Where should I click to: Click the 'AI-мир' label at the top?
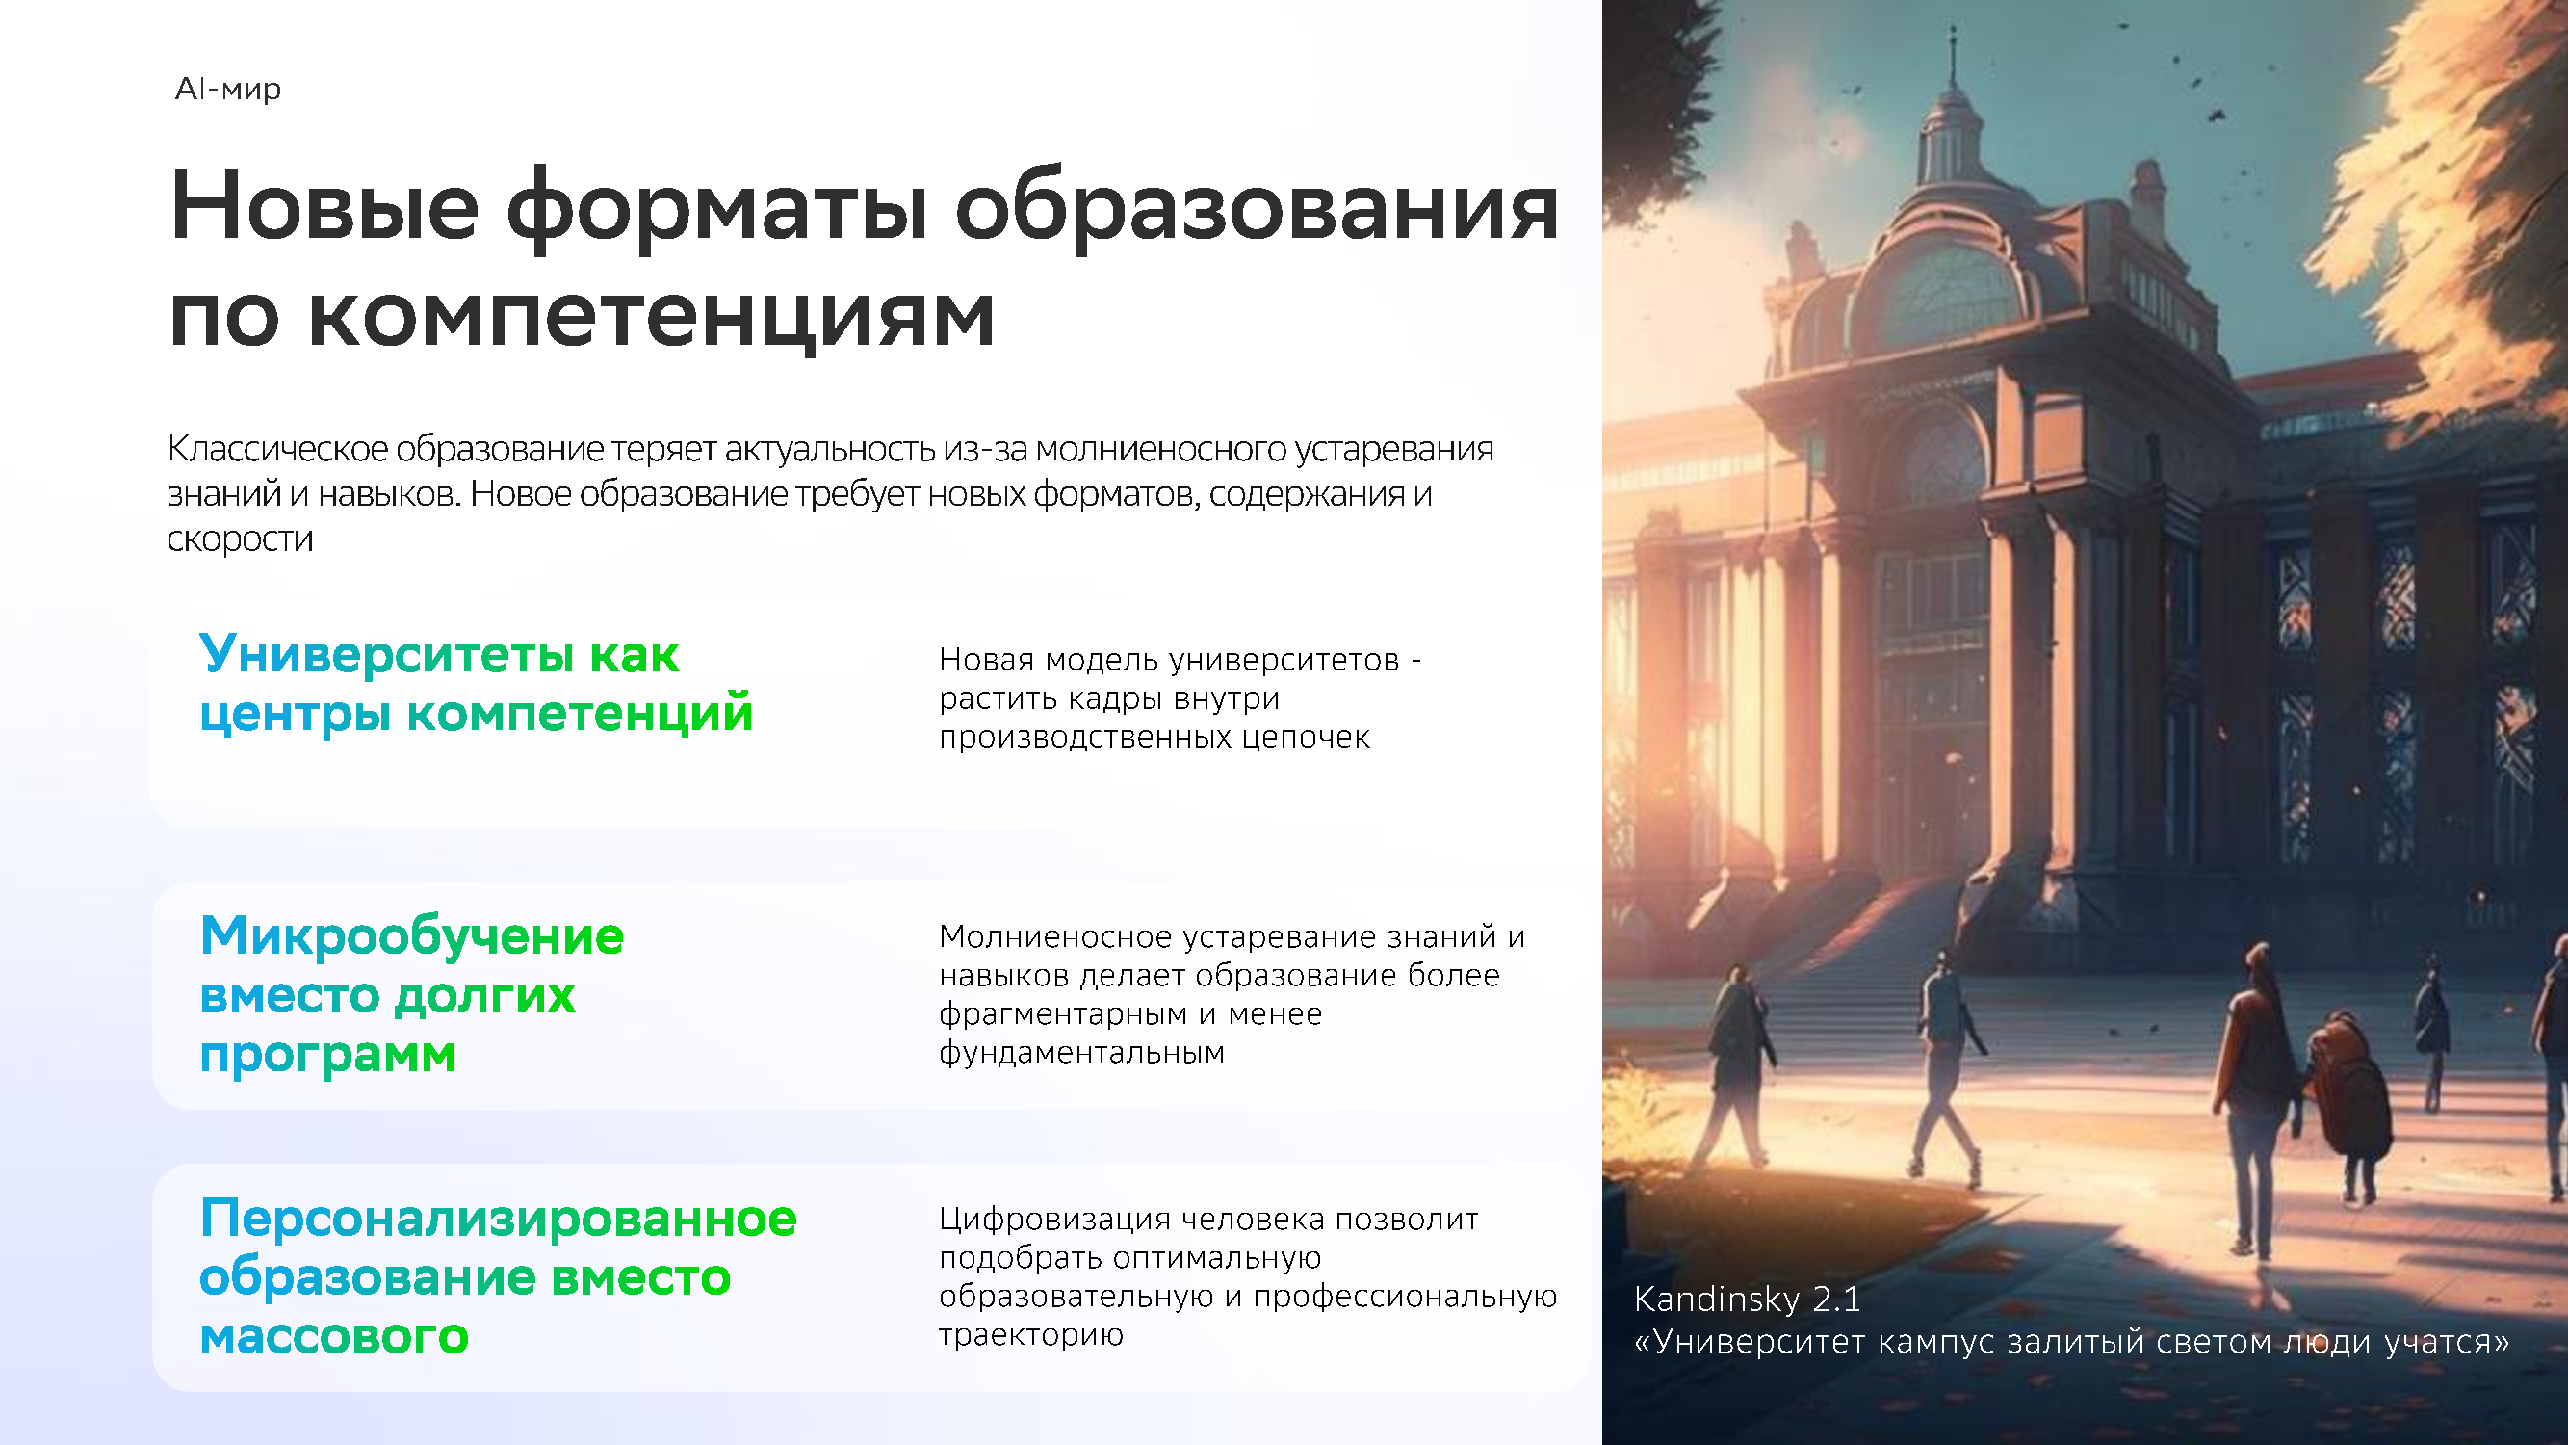click(228, 89)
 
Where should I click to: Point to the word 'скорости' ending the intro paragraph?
click(241, 539)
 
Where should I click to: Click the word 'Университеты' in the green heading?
click(387, 655)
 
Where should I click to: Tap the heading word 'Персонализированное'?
click(499, 1220)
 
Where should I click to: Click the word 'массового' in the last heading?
click(334, 1336)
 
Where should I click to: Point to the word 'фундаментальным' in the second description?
click(1081, 1052)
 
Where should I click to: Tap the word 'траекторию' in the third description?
click(1031, 1334)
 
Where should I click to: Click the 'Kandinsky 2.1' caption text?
click(1747, 1299)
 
